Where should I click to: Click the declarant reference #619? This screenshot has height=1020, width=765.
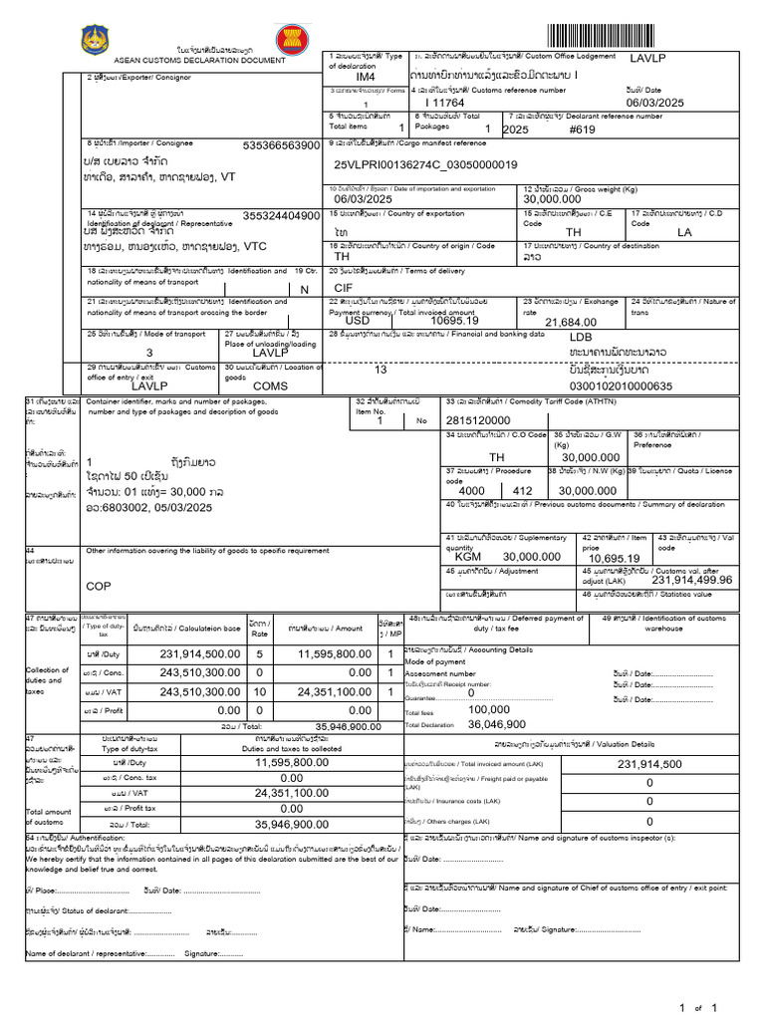tap(582, 129)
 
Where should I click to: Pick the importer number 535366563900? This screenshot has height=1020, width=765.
tap(281, 145)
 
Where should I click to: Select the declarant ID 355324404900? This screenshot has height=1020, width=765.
tap(281, 215)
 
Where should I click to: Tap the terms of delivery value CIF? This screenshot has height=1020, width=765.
tap(344, 287)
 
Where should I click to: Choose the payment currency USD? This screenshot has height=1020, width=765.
tap(357, 321)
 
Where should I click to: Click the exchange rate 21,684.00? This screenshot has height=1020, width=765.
tap(571, 322)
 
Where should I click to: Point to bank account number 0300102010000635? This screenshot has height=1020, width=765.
tap(620, 386)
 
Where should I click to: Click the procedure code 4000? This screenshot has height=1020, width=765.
tap(471, 491)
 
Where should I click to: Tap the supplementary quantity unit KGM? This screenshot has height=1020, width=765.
tap(468, 557)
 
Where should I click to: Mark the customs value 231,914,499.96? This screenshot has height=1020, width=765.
tap(677, 579)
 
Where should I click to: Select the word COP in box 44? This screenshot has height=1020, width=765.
tap(99, 587)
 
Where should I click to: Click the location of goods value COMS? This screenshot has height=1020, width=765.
tap(270, 385)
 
